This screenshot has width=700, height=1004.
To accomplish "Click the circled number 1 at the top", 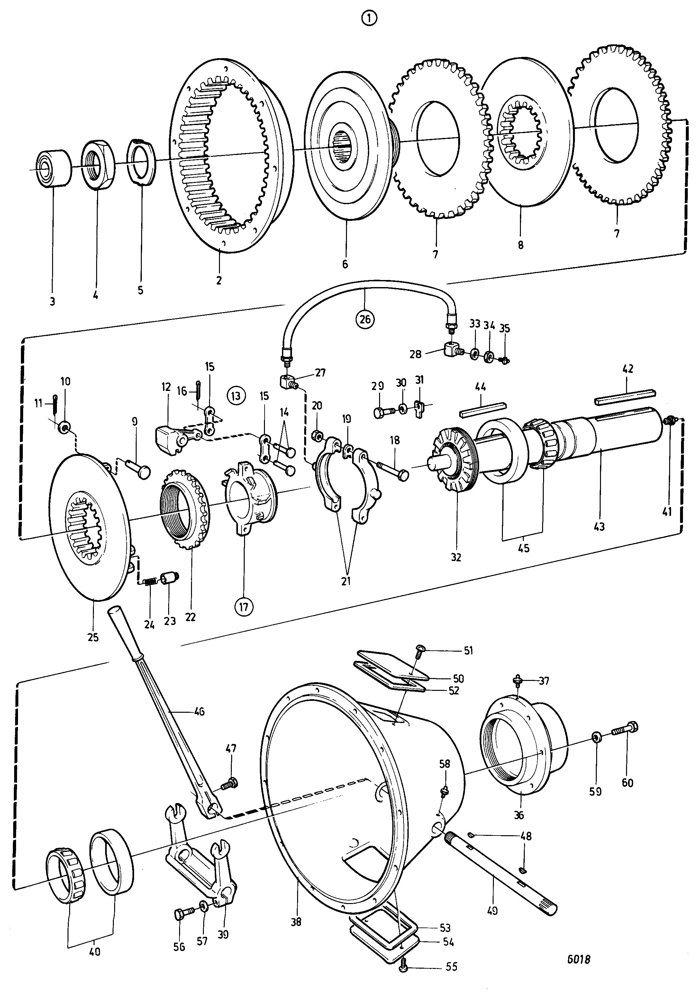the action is coord(369,18).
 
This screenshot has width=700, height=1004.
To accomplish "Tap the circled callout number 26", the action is coord(365,319).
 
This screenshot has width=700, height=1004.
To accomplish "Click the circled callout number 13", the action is coord(236,396).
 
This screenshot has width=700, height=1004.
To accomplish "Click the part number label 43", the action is coord(599,527).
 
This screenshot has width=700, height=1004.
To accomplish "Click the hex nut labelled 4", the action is coord(98,165).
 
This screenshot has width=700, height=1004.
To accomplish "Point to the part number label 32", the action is coord(456,557).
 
